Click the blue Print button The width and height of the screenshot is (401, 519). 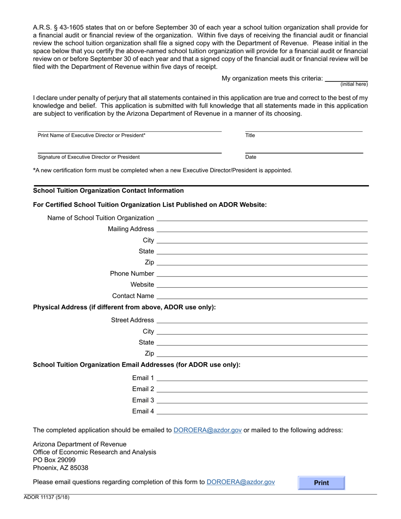[x=321, y=483]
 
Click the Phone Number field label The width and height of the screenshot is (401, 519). [x=132, y=273]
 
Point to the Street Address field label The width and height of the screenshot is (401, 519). [x=132, y=320]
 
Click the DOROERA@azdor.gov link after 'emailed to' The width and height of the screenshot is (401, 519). [x=207, y=430]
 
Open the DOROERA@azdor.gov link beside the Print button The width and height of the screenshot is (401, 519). [x=241, y=481]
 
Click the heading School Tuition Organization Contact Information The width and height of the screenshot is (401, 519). [x=108, y=191]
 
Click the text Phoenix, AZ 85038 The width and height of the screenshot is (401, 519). [x=61, y=468]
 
